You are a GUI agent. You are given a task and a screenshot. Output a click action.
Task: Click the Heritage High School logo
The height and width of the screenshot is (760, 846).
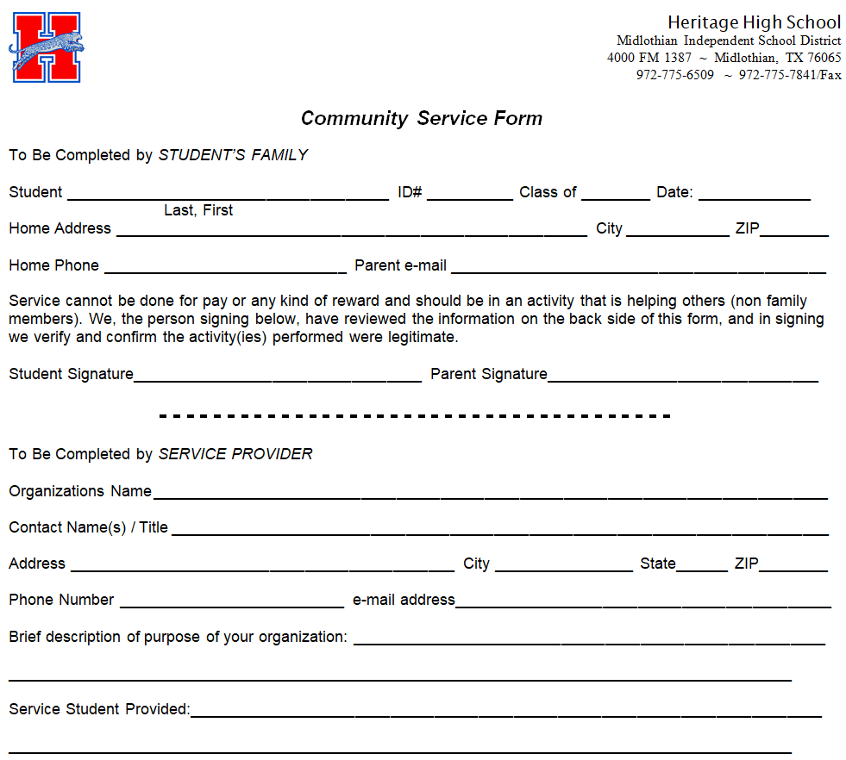coord(47,47)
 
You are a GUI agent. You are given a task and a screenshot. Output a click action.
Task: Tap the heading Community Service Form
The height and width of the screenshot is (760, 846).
coord(422,119)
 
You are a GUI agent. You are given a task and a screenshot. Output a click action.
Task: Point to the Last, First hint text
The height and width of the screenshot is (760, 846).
coord(198,210)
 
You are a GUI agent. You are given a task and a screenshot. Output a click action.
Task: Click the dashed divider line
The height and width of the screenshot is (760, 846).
coord(415,416)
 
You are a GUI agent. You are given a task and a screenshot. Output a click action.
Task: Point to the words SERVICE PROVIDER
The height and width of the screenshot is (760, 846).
coord(235,454)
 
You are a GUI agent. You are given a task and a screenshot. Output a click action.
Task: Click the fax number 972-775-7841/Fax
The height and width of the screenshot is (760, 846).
coord(790,75)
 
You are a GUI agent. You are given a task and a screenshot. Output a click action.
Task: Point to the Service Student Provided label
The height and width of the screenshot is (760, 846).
coord(99,709)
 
